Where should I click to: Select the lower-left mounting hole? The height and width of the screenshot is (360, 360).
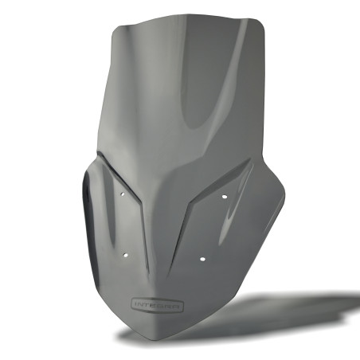[x=127, y=256]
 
